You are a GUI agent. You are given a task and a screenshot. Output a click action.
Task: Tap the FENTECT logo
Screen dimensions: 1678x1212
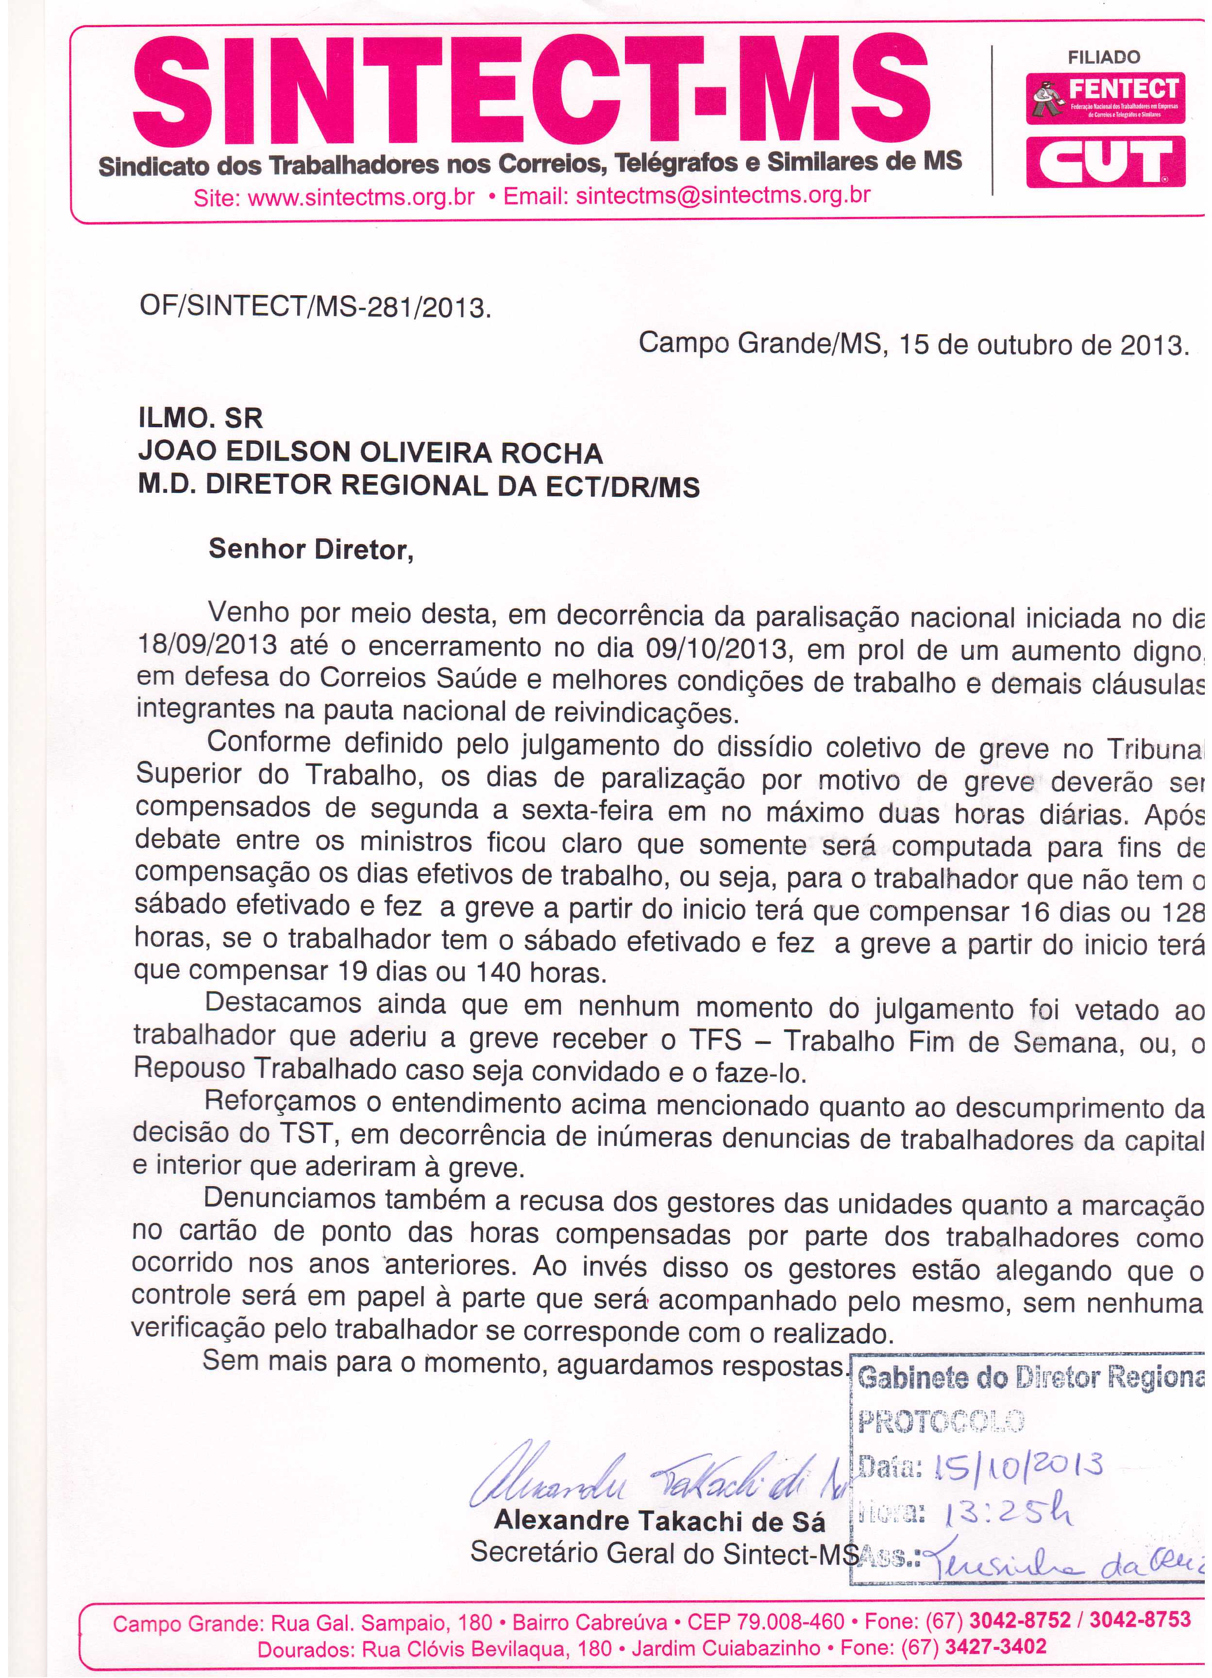tap(1106, 98)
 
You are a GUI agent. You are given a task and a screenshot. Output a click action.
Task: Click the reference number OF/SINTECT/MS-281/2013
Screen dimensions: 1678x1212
tap(315, 307)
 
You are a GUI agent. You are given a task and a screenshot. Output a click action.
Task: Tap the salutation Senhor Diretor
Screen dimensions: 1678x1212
tap(311, 550)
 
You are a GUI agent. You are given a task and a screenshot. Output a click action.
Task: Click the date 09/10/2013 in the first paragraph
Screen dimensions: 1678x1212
tap(716, 649)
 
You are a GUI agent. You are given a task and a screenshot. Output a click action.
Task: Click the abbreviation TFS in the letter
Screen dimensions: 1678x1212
tap(716, 1040)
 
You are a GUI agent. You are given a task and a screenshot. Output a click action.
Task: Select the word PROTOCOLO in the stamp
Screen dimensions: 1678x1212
tap(941, 1421)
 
